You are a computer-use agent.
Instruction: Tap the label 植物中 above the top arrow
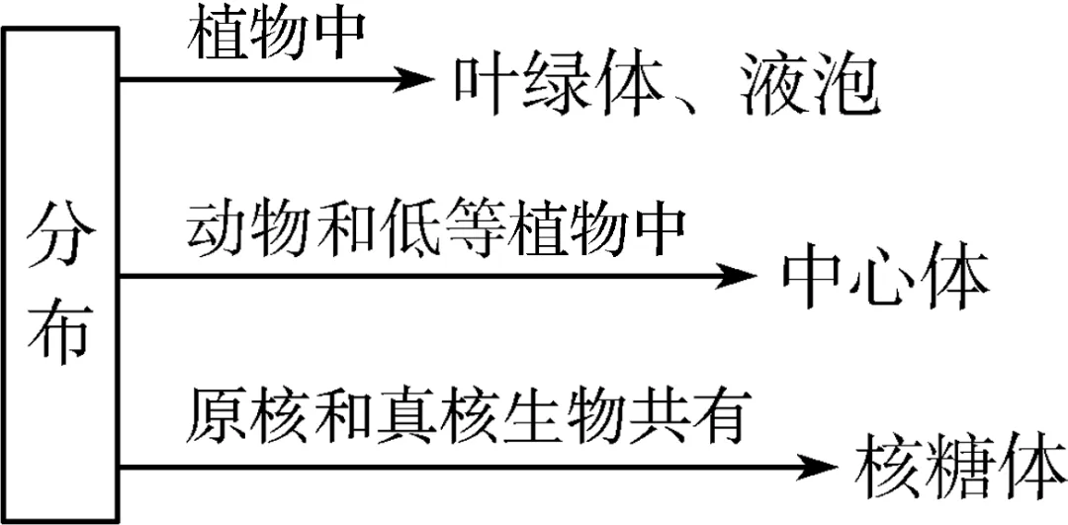point(279,36)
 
